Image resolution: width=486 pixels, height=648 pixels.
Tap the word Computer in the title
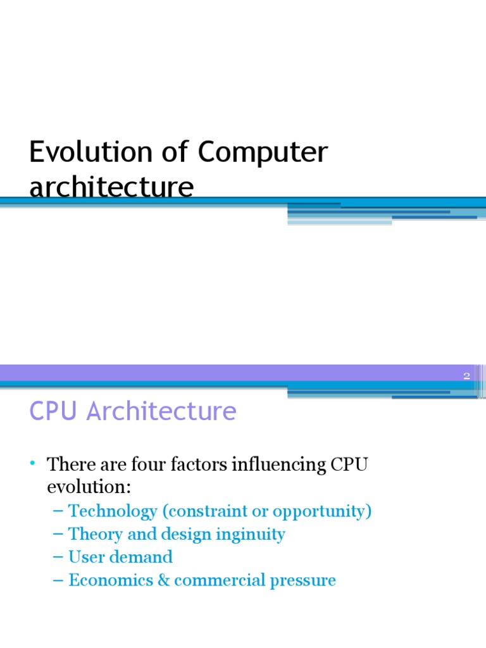point(263,154)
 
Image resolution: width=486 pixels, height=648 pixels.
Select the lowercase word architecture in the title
point(111,187)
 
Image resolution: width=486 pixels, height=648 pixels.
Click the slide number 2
point(467,376)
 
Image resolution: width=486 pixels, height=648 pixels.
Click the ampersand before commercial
point(164,580)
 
